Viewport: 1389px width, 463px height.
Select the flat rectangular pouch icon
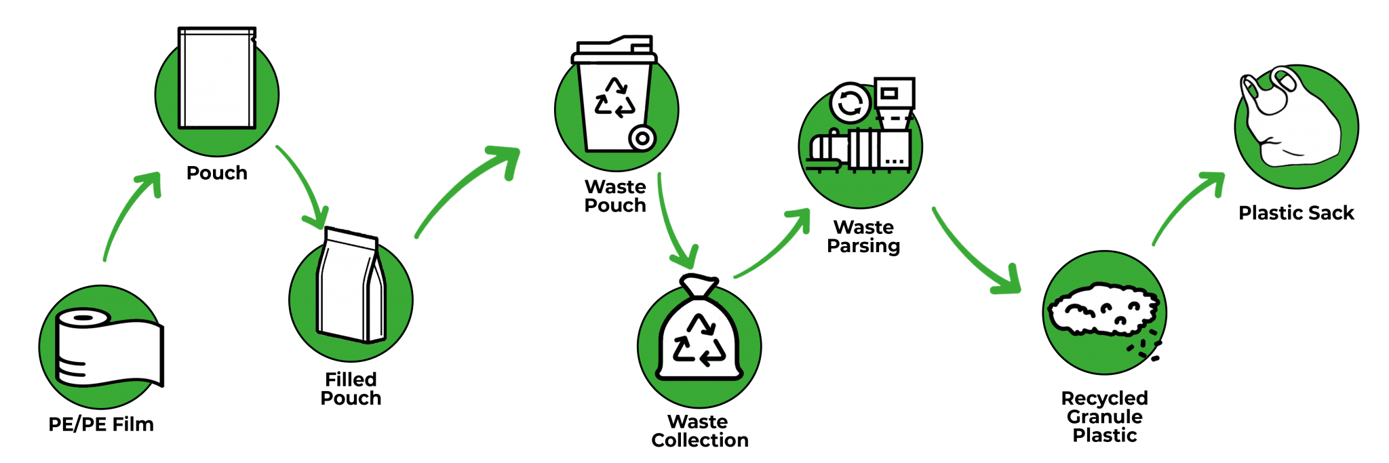pos(217,78)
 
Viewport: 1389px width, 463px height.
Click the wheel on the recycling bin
pos(642,138)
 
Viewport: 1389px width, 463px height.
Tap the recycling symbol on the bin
pos(614,98)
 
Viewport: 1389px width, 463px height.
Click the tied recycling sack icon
pos(699,332)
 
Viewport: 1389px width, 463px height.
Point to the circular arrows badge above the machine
pos(850,103)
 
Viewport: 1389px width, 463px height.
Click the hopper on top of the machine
pos(893,102)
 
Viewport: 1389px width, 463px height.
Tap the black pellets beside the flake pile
pos(1146,350)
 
